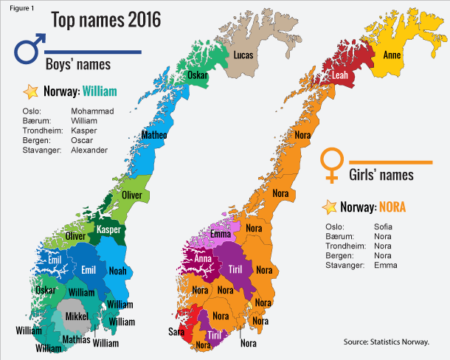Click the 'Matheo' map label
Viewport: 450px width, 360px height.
[x=153, y=136]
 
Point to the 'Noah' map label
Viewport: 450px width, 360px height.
[x=117, y=271]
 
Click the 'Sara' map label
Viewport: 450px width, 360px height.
[x=177, y=330]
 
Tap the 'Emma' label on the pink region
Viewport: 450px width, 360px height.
[x=221, y=235]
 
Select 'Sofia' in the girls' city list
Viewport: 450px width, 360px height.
[x=383, y=226]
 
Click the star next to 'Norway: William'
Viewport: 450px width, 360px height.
[x=30, y=92]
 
